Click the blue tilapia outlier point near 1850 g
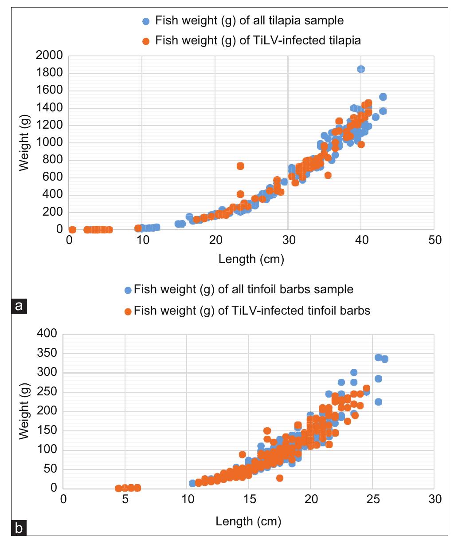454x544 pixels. point(361,69)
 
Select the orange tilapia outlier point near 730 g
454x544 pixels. point(240,166)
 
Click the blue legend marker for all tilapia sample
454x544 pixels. point(146,21)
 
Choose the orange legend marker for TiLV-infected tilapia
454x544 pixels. point(146,41)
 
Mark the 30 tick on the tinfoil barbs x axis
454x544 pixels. point(434,499)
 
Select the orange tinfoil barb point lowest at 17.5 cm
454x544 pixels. point(279,478)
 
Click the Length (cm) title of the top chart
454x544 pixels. point(251,259)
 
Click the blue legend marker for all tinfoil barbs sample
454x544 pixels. point(128,290)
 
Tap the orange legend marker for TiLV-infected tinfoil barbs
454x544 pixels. point(128,311)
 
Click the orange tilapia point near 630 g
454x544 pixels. point(328,175)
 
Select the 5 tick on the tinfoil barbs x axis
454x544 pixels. point(125,499)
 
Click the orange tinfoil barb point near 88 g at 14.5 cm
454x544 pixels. point(242,454)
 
